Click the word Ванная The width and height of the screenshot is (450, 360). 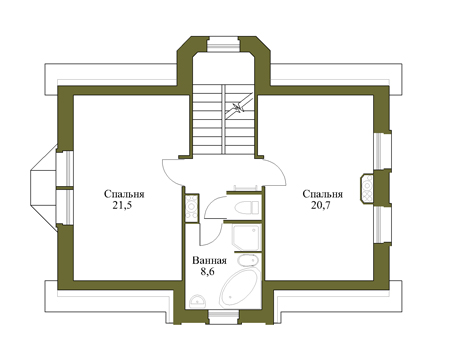tap(209, 260)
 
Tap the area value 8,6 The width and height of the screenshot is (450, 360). tap(207, 272)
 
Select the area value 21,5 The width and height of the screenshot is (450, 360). tap(122, 205)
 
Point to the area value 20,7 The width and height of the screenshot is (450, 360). tap(321, 205)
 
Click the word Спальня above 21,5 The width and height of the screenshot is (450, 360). tap(124, 194)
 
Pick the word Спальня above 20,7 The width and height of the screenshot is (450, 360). tap(323, 194)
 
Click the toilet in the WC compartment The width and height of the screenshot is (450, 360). tap(247, 208)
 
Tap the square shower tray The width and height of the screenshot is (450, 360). tap(246, 238)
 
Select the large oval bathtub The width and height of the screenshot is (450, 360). tap(238, 288)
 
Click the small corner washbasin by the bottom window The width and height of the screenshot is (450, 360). tap(198, 301)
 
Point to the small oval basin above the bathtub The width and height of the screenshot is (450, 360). tap(248, 261)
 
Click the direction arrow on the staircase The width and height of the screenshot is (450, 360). tap(238, 108)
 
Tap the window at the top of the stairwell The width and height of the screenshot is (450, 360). tap(223, 44)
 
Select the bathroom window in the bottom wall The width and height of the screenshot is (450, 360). tap(224, 317)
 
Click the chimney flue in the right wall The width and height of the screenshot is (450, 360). tap(367, 188)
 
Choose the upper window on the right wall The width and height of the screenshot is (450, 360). tap(382, 151)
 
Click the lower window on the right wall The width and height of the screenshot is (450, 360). tap(382, 224)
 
